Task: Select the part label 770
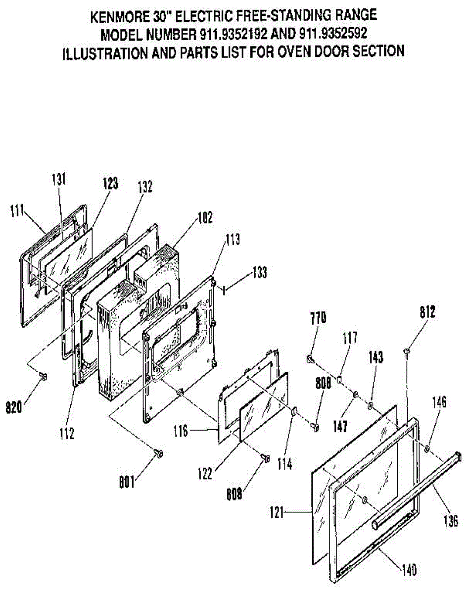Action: [318, 317]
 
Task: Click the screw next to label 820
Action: [43, 378]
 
